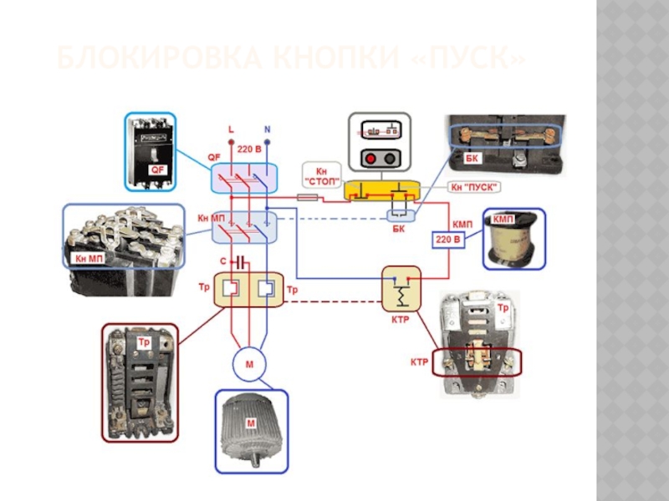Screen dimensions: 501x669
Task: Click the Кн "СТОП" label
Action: pos(321,175)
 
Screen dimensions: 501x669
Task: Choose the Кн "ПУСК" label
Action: pos(474,186)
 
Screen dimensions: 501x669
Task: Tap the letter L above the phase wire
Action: pos(231,130)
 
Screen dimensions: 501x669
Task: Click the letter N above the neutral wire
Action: pos(267,130)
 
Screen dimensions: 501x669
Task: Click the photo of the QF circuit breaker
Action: pos(151,150)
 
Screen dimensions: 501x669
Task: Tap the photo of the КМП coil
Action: pos(513,239)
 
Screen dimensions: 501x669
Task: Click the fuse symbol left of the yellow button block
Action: pos(308,198)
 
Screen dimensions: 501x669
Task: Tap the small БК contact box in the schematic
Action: pos(397,215)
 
